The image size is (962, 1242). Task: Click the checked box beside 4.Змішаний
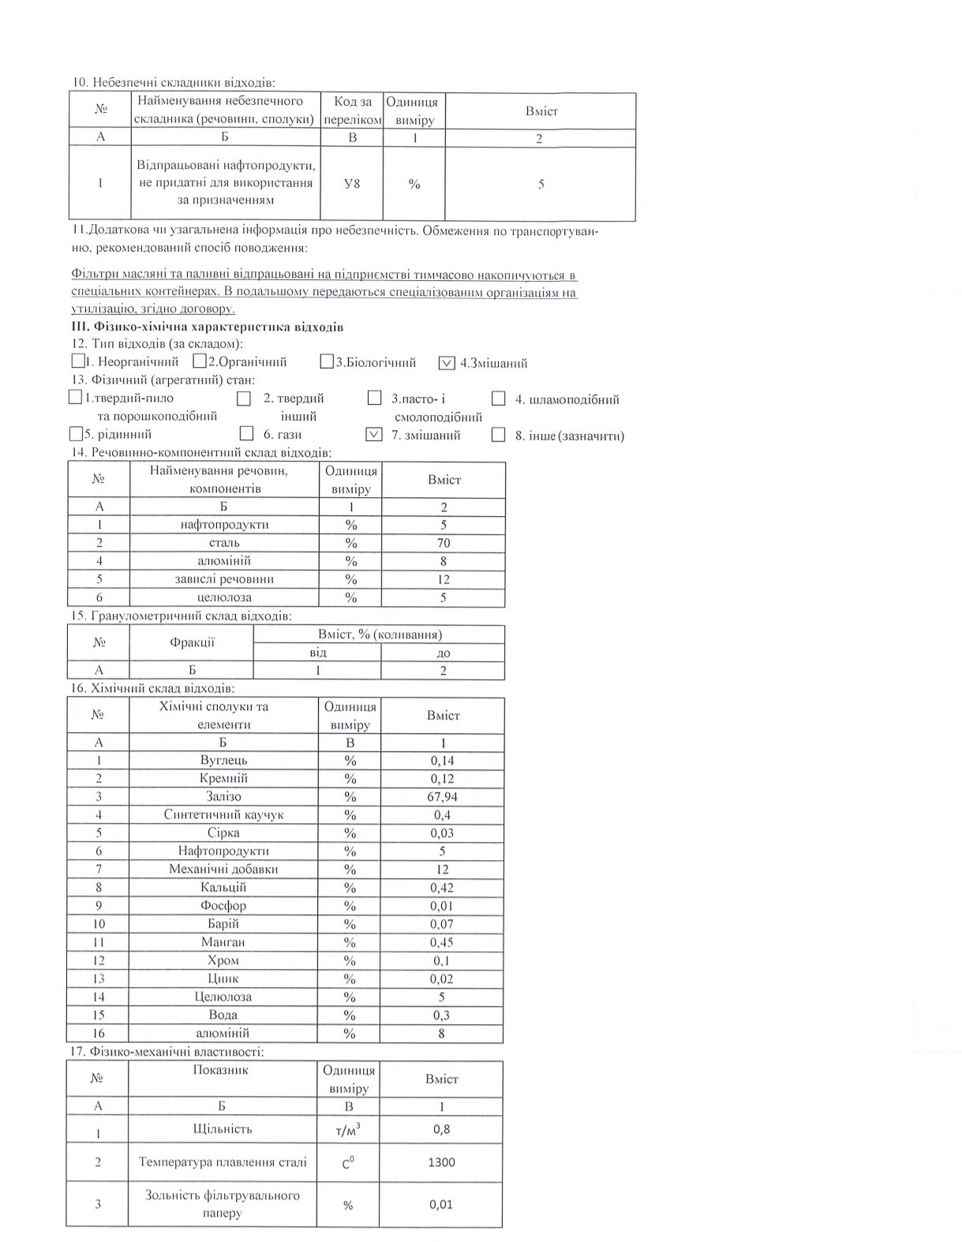coord(447,363)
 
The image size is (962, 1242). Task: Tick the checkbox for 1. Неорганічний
coord(77,361)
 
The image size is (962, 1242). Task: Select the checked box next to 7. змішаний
coord(375,434)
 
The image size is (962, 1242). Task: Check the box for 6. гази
coord(246,433)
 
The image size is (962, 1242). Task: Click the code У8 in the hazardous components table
coord(352,184)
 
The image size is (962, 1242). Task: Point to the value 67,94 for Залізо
coord(442,796)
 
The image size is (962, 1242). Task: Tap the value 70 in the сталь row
coord(444,543)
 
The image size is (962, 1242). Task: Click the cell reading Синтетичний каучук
coord(223,814)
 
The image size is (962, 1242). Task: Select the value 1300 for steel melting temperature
coord(441,1162)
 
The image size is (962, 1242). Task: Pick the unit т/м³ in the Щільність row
coord(349,1131)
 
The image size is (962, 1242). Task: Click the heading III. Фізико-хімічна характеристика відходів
coord(208,327)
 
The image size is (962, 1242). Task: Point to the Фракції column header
coord(192,642)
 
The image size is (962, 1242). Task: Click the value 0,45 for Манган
coord(442,942)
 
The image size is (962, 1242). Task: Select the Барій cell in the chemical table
coord(223,923)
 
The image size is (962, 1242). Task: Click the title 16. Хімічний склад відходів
coord(152,688)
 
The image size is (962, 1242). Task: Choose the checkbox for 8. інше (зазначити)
coord(498,435)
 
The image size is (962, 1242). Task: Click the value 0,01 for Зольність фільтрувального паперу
coord(441,1204)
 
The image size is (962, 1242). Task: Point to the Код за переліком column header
coord(352,110)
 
